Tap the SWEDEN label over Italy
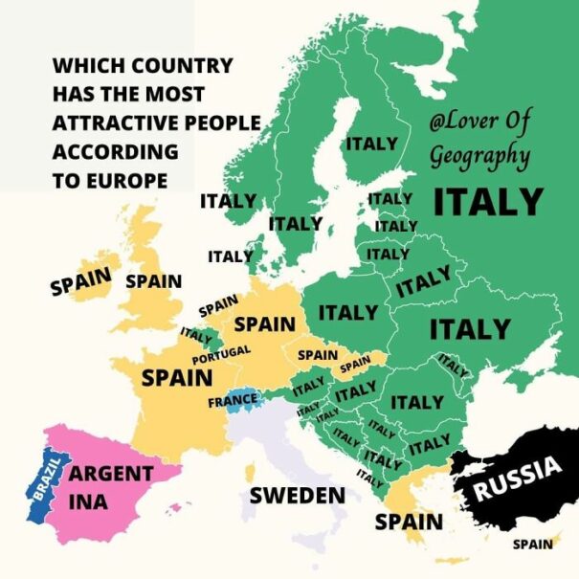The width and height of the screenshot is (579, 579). point(297,495)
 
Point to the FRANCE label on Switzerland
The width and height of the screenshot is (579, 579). point(233,401)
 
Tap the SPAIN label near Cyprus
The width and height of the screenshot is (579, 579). point(532,545)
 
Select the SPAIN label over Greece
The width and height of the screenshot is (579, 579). point(409,522)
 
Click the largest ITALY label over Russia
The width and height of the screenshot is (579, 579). point(488,202)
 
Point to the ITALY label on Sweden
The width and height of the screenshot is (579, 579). point(371,144)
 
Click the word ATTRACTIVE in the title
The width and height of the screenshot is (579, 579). point(157,123)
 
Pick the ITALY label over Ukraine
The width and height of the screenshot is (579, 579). point(470,328)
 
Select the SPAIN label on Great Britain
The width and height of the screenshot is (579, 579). point(153,281)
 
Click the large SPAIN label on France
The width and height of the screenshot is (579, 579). point(177,377)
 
